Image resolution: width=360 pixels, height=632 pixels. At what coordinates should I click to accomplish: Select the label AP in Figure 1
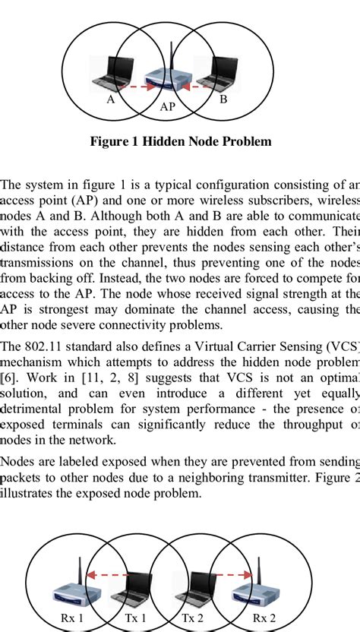tap(168, 108)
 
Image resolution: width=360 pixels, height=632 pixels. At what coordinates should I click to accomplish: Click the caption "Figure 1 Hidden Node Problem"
tap(180, 142)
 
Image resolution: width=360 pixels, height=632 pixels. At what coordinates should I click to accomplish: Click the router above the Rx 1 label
tap(76, 588)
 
